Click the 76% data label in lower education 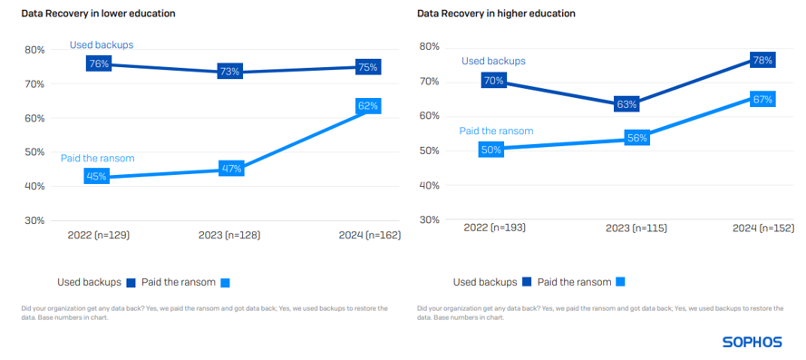99,63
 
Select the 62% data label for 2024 368,106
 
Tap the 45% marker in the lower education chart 96,177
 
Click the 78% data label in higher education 762,61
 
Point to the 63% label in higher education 626,104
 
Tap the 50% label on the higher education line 491,150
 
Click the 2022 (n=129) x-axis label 99,235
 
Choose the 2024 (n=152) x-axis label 762,228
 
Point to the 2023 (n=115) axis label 636,228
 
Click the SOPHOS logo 753,342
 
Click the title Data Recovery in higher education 496,14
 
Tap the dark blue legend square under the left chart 131,282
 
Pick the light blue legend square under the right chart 620,282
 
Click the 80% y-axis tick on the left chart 34,50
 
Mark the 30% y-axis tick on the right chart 429,219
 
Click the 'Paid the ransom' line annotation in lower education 97,158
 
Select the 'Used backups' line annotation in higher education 493,61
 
